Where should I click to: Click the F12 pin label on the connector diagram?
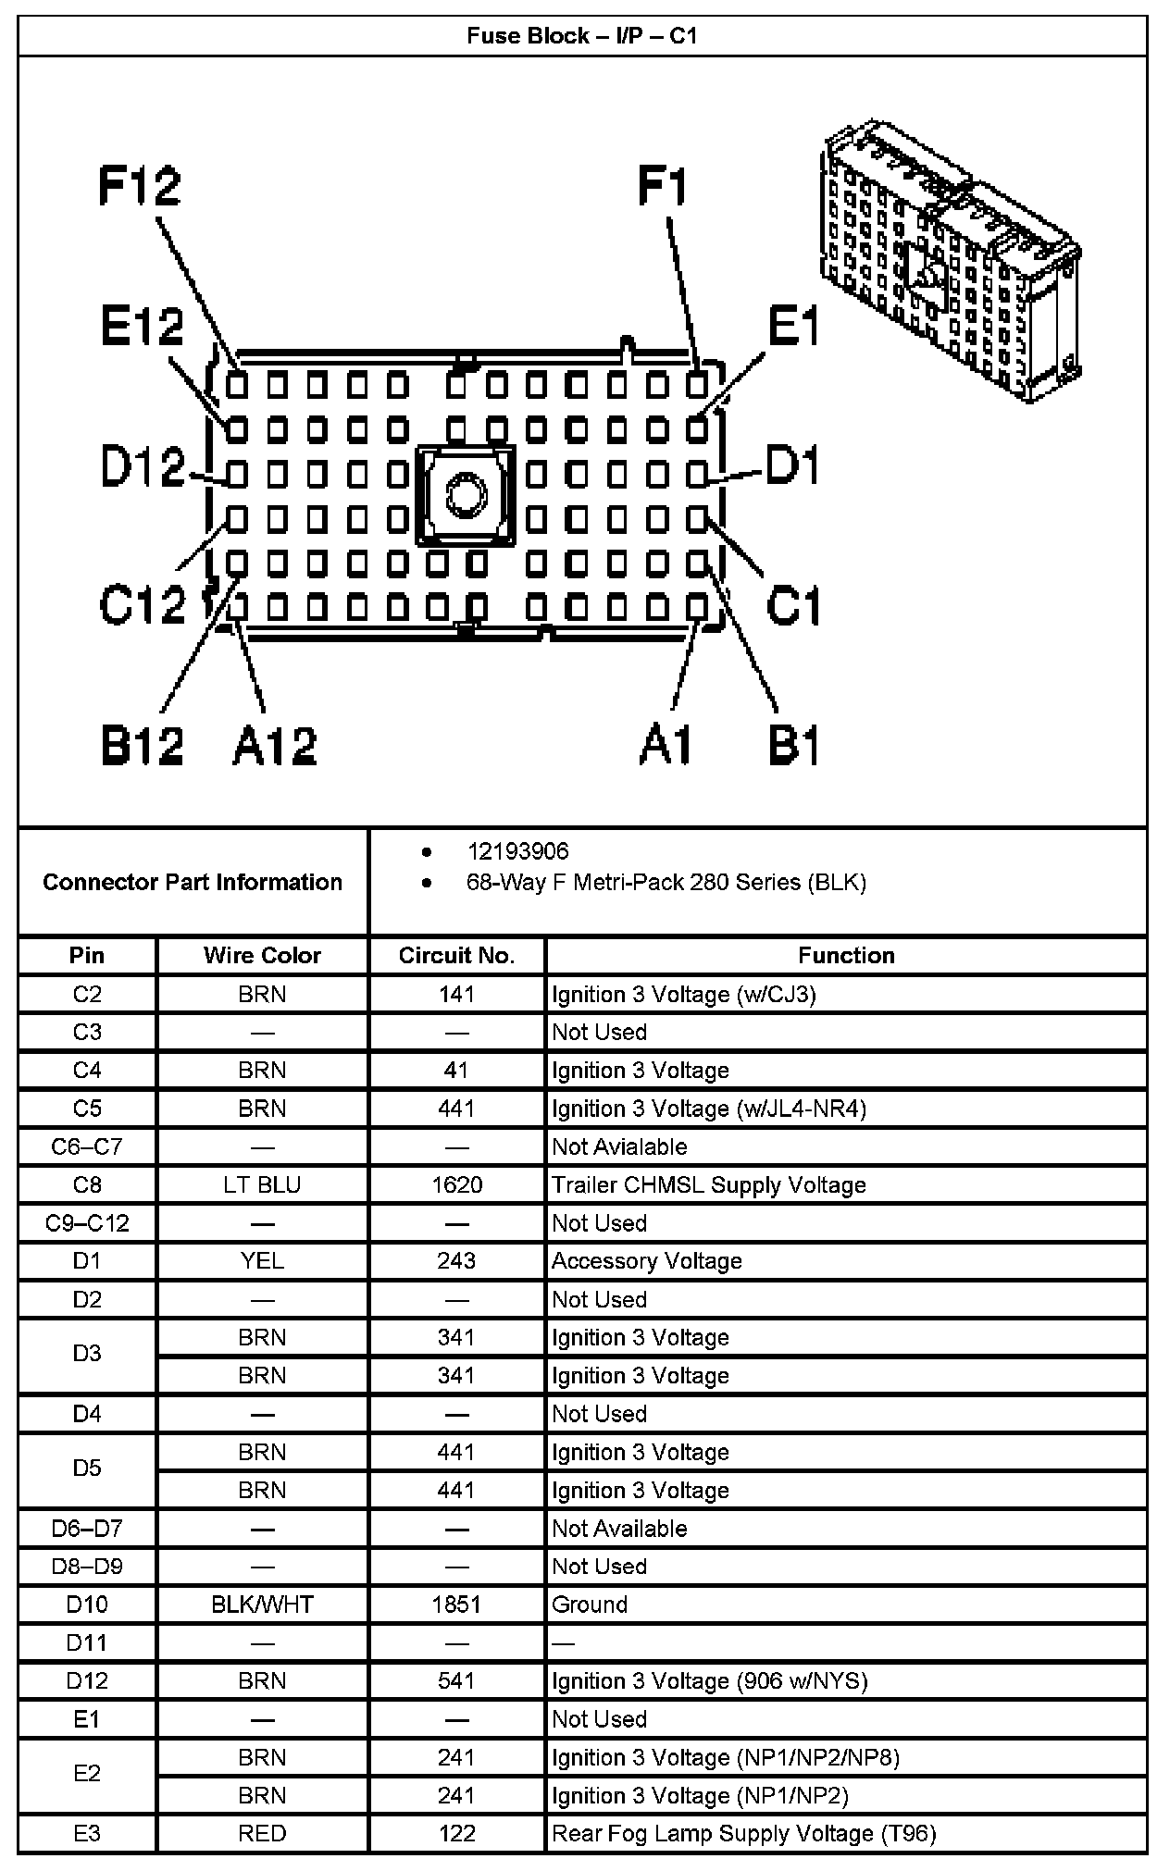(x=140, y=186)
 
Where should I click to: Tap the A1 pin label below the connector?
(x=666, y=745)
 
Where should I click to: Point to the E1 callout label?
(x=794, y=327)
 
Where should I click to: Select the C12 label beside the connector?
(x=143, y=606)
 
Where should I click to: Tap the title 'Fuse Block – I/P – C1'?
(x=582, y=36)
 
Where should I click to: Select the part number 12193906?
(x=517, y=851)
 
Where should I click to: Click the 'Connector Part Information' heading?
(x=193, y=882)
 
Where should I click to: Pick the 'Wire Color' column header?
(x=262, y=956)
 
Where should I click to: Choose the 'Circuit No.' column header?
(x=456, y=956)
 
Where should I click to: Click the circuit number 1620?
(x=456, y=1185)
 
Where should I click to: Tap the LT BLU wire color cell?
(x=262, y=1185)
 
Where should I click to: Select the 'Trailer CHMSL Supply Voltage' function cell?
(x=709, y=1185)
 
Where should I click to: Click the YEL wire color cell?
(x=262, y=1261)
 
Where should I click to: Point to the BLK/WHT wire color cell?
(x=262, y=1605)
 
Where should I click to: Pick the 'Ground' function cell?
(x=590, y=1605)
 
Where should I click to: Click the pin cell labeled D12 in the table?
(x=87, y=1680)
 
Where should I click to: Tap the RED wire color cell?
(x=262, y=1833)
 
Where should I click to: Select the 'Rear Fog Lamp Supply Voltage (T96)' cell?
(x=743, y=1833)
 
